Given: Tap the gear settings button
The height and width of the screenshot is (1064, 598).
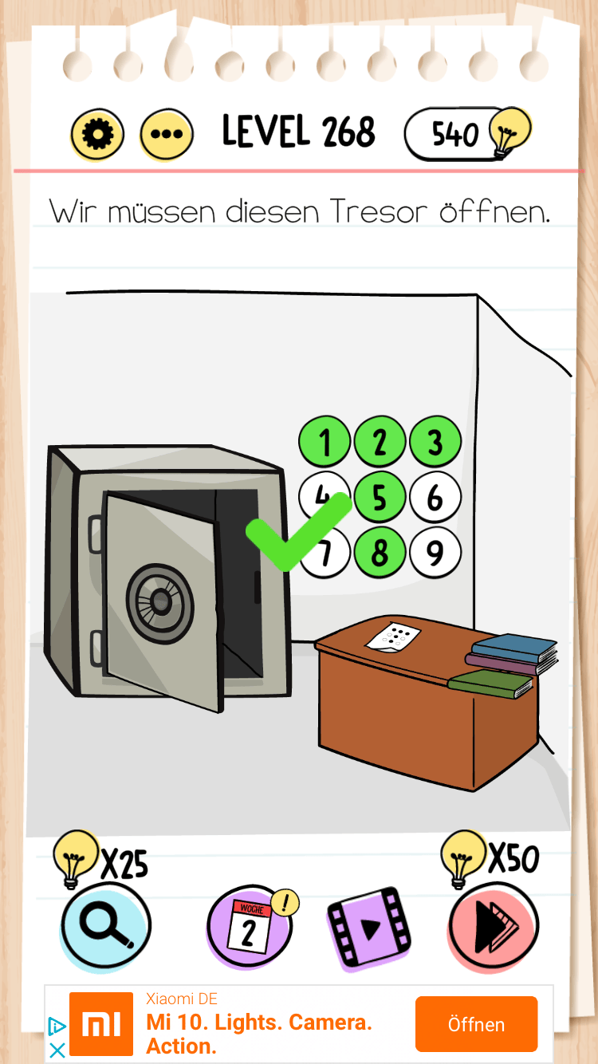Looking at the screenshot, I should coord(97,134).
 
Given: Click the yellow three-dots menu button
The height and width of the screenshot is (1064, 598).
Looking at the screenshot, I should coord(167,134).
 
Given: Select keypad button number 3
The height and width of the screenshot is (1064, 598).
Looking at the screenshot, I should coord(435,441).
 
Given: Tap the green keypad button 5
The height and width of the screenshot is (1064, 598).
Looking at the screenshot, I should coord(380,497).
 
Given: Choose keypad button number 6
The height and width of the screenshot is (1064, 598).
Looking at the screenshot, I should coord(435,497).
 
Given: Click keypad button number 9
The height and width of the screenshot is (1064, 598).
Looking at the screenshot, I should coord(435,552).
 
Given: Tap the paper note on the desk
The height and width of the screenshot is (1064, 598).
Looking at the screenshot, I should coord(394,636).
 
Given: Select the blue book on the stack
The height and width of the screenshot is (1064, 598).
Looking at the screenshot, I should coord(514,647).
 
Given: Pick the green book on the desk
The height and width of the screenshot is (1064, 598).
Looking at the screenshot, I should coord(490,683).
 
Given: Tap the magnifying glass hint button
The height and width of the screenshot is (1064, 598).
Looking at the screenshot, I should coord(105,927).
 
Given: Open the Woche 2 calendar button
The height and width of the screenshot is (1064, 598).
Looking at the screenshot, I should coord(249,927).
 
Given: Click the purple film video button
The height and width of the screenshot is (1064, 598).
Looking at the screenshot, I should coord(369,928).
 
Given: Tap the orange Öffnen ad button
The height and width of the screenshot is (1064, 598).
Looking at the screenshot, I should coord(476,1024).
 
